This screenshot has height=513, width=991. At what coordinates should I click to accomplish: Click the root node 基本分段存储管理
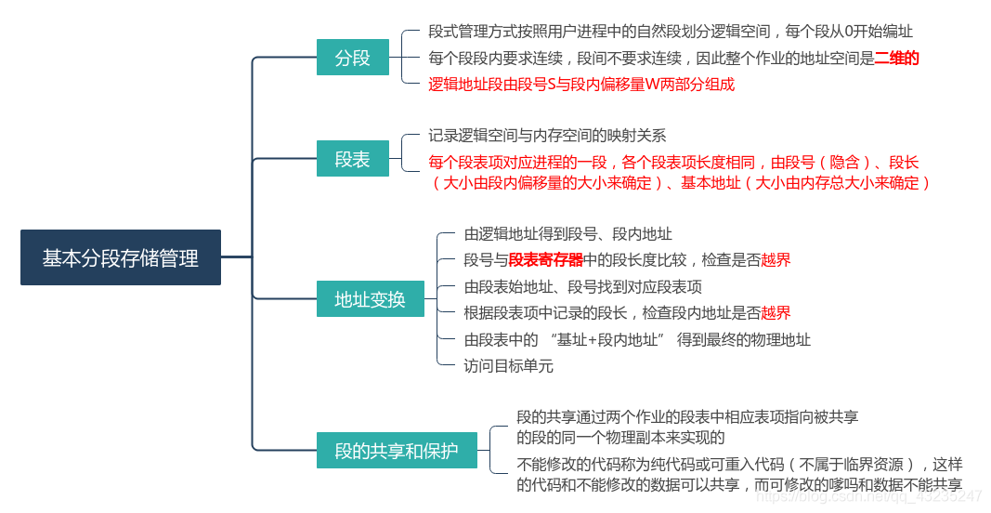pos(121,257)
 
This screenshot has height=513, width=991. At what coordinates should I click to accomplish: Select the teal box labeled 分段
pos(352,58)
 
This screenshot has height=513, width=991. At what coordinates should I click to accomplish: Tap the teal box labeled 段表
pos(352,159)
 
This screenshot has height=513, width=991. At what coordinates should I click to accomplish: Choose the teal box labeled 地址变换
pos(370,299)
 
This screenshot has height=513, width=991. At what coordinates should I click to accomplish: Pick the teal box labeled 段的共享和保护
pos(397,451)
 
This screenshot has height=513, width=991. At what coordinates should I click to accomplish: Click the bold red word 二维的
pos(897,58)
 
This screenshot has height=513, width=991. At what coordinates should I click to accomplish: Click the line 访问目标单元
pos(508,365)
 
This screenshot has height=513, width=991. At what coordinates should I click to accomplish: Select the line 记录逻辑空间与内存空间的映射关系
pos(547,136)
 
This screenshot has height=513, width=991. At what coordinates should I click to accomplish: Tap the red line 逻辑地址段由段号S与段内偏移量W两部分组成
pos(581,85)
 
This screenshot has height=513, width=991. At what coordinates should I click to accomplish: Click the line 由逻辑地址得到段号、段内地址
pos(567,234)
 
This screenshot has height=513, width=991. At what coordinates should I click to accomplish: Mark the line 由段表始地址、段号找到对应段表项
pos(582,286)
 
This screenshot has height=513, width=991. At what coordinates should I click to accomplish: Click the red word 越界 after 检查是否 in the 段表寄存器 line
pos(776,260)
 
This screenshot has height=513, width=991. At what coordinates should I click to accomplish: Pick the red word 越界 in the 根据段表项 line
pos(776,313)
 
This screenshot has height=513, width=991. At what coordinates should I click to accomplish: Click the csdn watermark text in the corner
pos(868,497)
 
